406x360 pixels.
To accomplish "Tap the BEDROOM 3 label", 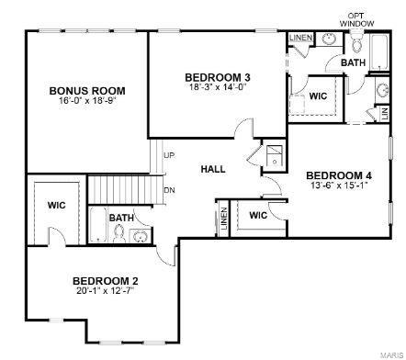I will pos(218,76).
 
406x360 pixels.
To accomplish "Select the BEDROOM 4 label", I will pos(339,175).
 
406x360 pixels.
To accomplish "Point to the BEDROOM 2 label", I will pos(106,281).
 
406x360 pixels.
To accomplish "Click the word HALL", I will pos(214,169).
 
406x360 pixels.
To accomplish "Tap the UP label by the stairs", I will pos(169,155).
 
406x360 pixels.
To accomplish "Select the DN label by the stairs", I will pos(169,190).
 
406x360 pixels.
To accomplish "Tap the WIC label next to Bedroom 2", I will pos(57,205).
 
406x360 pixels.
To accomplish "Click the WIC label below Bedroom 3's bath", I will pos(319,96).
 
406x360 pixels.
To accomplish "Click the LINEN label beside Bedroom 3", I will pos(300,38).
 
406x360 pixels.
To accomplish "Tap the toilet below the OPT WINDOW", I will pos(354,43).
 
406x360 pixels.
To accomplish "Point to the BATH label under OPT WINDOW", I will pos(353,62).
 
